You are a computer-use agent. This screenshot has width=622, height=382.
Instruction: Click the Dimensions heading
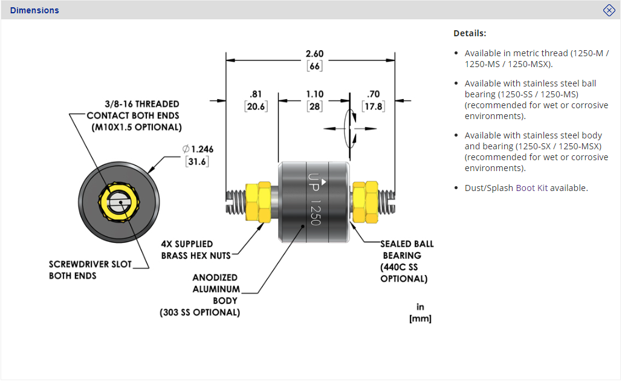(34, 10)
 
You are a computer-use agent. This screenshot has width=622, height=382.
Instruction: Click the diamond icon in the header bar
(609, 10)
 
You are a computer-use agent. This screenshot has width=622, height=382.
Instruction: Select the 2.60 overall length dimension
(314, 54)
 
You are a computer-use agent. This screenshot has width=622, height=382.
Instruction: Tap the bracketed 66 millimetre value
(314, 66)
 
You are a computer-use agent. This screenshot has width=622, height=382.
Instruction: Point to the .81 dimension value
(255, 94)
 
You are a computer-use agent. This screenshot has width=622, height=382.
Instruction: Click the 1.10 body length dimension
(314, 94)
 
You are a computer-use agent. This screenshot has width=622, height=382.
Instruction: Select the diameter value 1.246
(198, 149)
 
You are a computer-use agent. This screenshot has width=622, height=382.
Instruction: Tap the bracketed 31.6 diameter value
(197, 161)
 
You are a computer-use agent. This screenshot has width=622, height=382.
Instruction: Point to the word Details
(470, 33)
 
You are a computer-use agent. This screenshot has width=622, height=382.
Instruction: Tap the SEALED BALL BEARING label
(406, 250)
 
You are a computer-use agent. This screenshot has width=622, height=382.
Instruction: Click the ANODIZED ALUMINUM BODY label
(216, 289)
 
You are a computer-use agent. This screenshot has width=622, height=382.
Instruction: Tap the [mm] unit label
(420, 318)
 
